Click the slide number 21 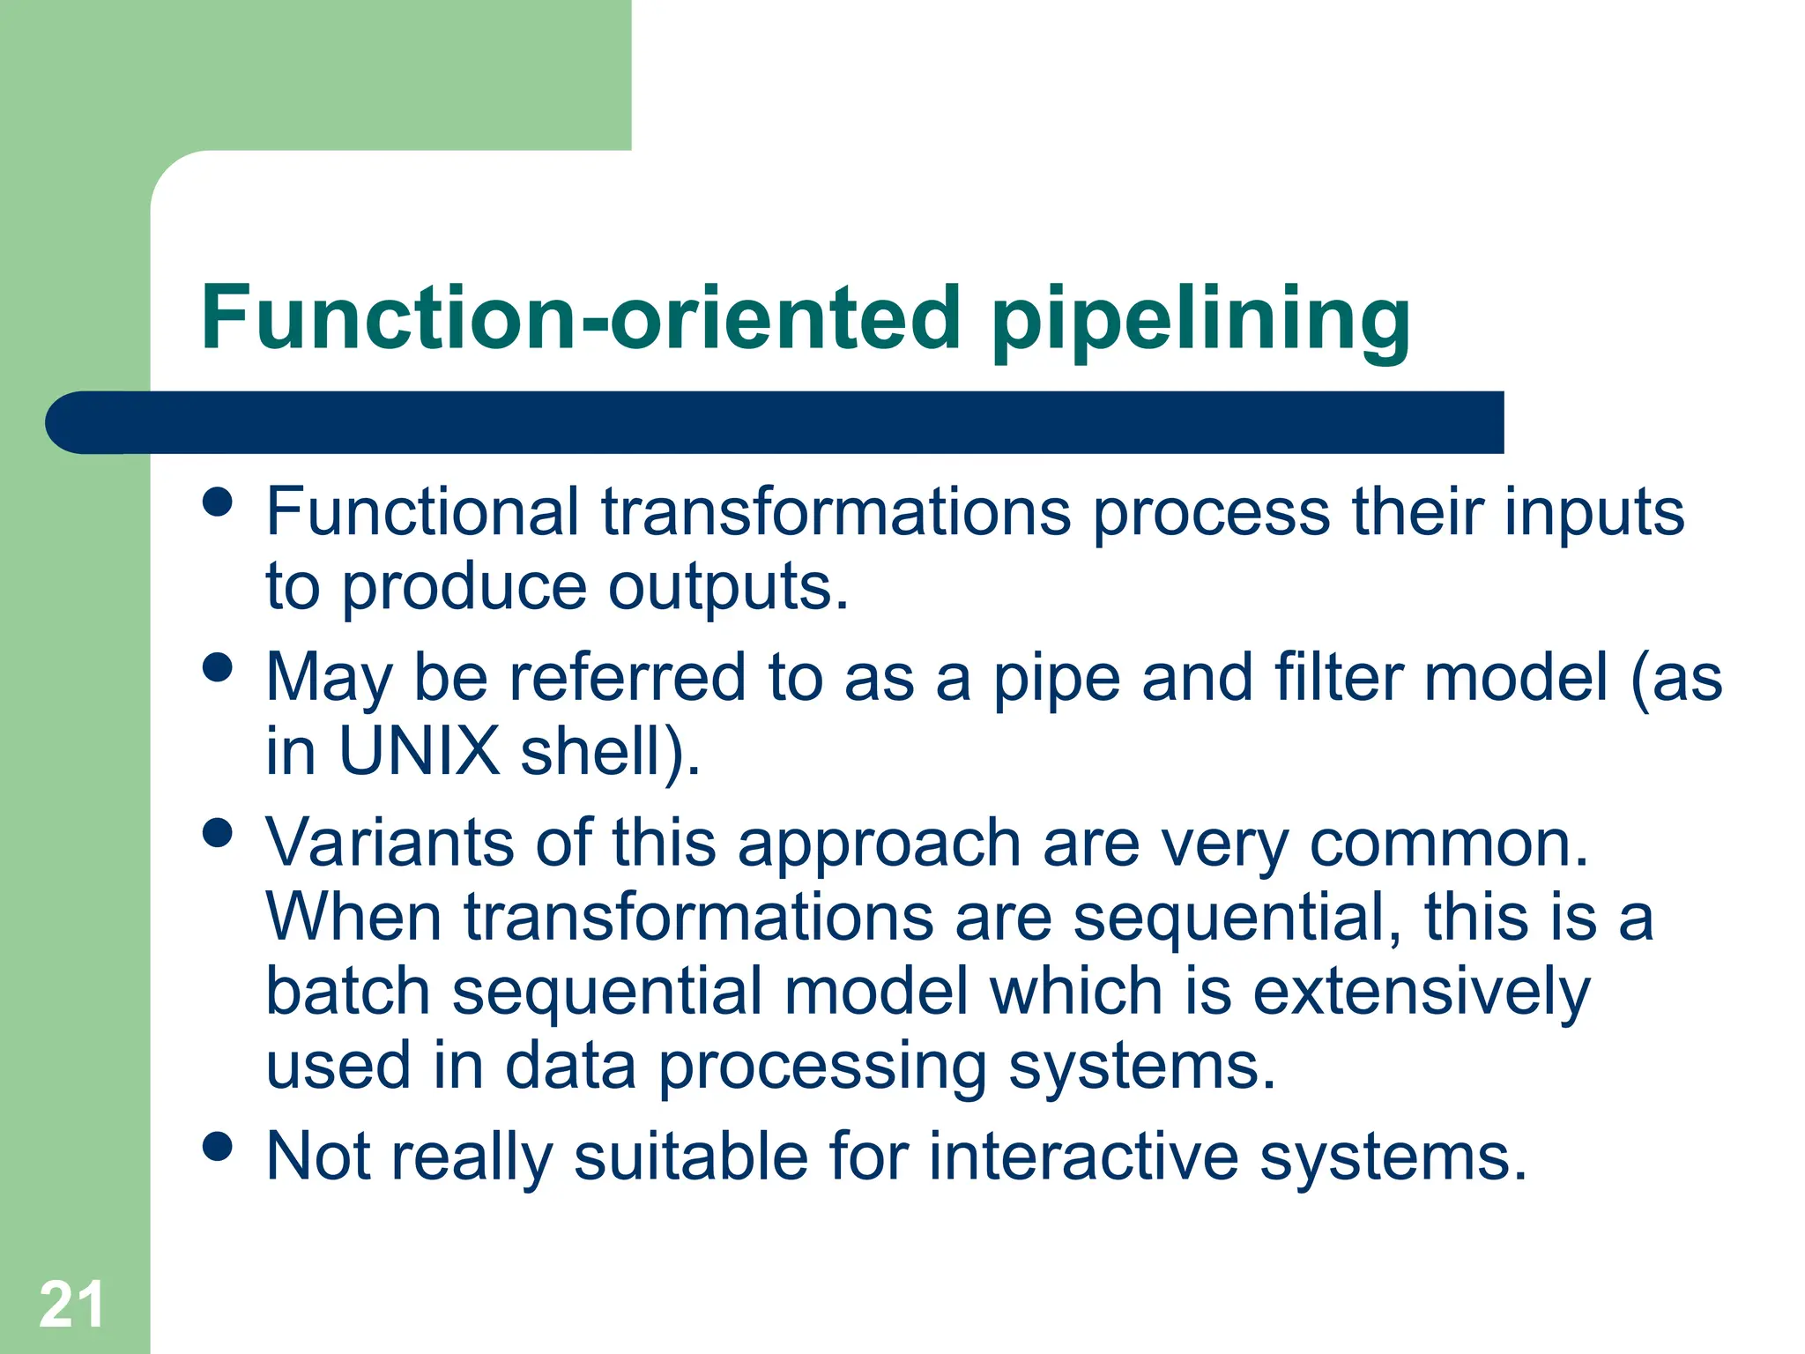pyautogui.click(x=71, y=1306)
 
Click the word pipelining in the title pyautogui.click(x=1200, y=319)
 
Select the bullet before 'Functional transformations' pyautogui.click(x=217, y=502)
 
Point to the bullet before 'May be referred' pyautogui.click(x=217, y=667)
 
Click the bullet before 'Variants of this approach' pyautogui.click(x=217, y=832)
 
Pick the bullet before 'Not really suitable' pyautogui.click(x=217, y=1146)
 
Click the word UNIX pyautogui.click(x=420, y=751)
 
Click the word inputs pyautogui.click(x=1593, y=513)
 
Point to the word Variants pyautogui.click(x=390, y=843)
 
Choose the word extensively pyautogui.click(x=1421, y=993)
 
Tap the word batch pyautogui.click(x=347, y=991)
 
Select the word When pyautogui.click(x=353, y=917)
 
